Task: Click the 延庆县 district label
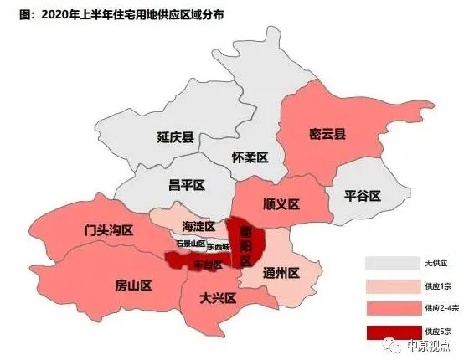click(x=175, y=138)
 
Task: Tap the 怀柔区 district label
click(x=249, y=157)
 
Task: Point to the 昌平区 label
click(x=187, y=185)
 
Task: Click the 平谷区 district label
click(x=363, y=196)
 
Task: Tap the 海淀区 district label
click(x=199, y=227)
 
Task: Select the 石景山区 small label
click(x=191, y=244)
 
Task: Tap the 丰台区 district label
click(x=208, y=265)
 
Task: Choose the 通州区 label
click(x=281, y=272)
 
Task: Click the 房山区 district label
click(x=132, y=285)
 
